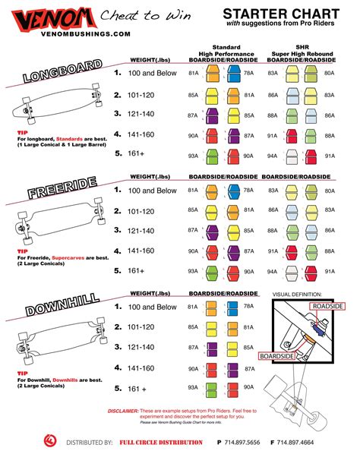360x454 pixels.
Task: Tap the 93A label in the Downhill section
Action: [193, 388]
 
